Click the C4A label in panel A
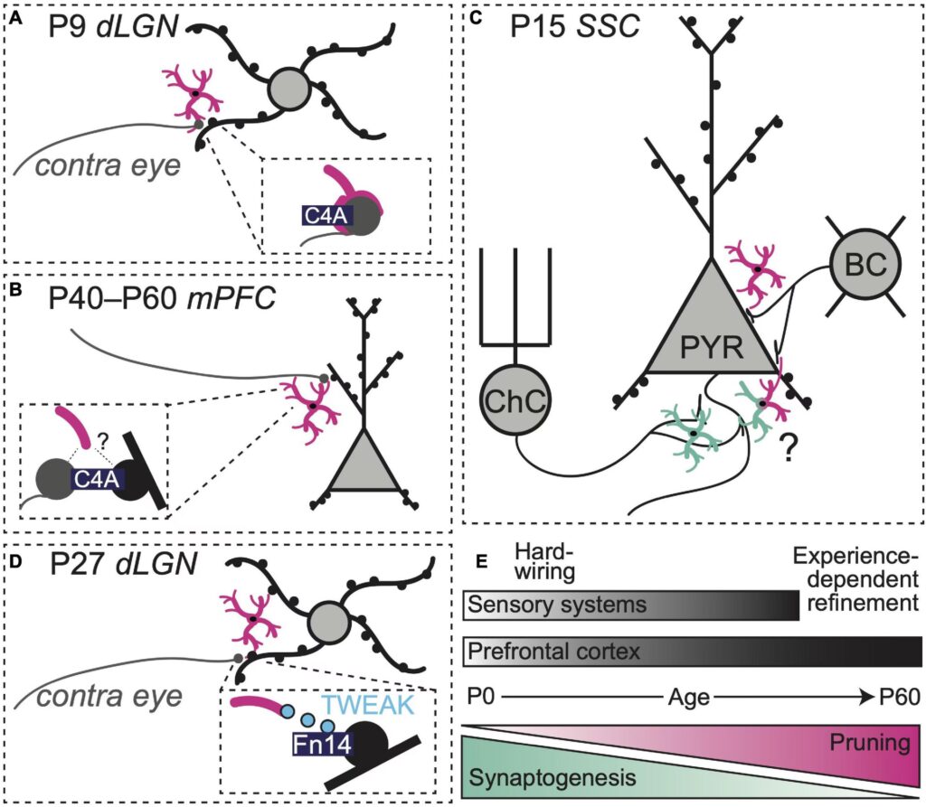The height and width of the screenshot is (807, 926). click(x=324, y=213)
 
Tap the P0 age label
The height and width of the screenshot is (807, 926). click(x=484, y=697)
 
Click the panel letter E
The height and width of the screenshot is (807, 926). click(x=482, y=561)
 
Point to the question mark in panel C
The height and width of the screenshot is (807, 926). click(x=792, y=446)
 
